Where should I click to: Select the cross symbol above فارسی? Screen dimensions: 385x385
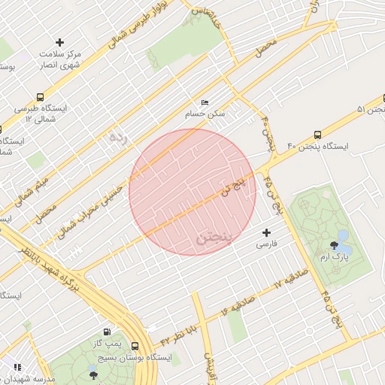pyautogui.click(x=266, y=233)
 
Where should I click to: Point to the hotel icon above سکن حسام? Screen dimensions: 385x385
pyautogui.click(x=204, y=103)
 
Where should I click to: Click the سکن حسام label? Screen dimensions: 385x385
pyautogui.click(x=205, y=114)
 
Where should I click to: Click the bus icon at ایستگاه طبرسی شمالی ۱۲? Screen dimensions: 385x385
pyautogui.click(x=40, y=97)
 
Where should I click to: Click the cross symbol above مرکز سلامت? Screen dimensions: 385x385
pyautogui.click(x=60, y=42)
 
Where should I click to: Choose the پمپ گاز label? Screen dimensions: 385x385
pyautogui.click(x=114, y=343)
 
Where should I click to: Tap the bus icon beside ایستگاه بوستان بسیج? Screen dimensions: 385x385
pyautogui.click(x=135, y=347)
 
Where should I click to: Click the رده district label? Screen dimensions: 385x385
pyautogui.click(x=117, y=138)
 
